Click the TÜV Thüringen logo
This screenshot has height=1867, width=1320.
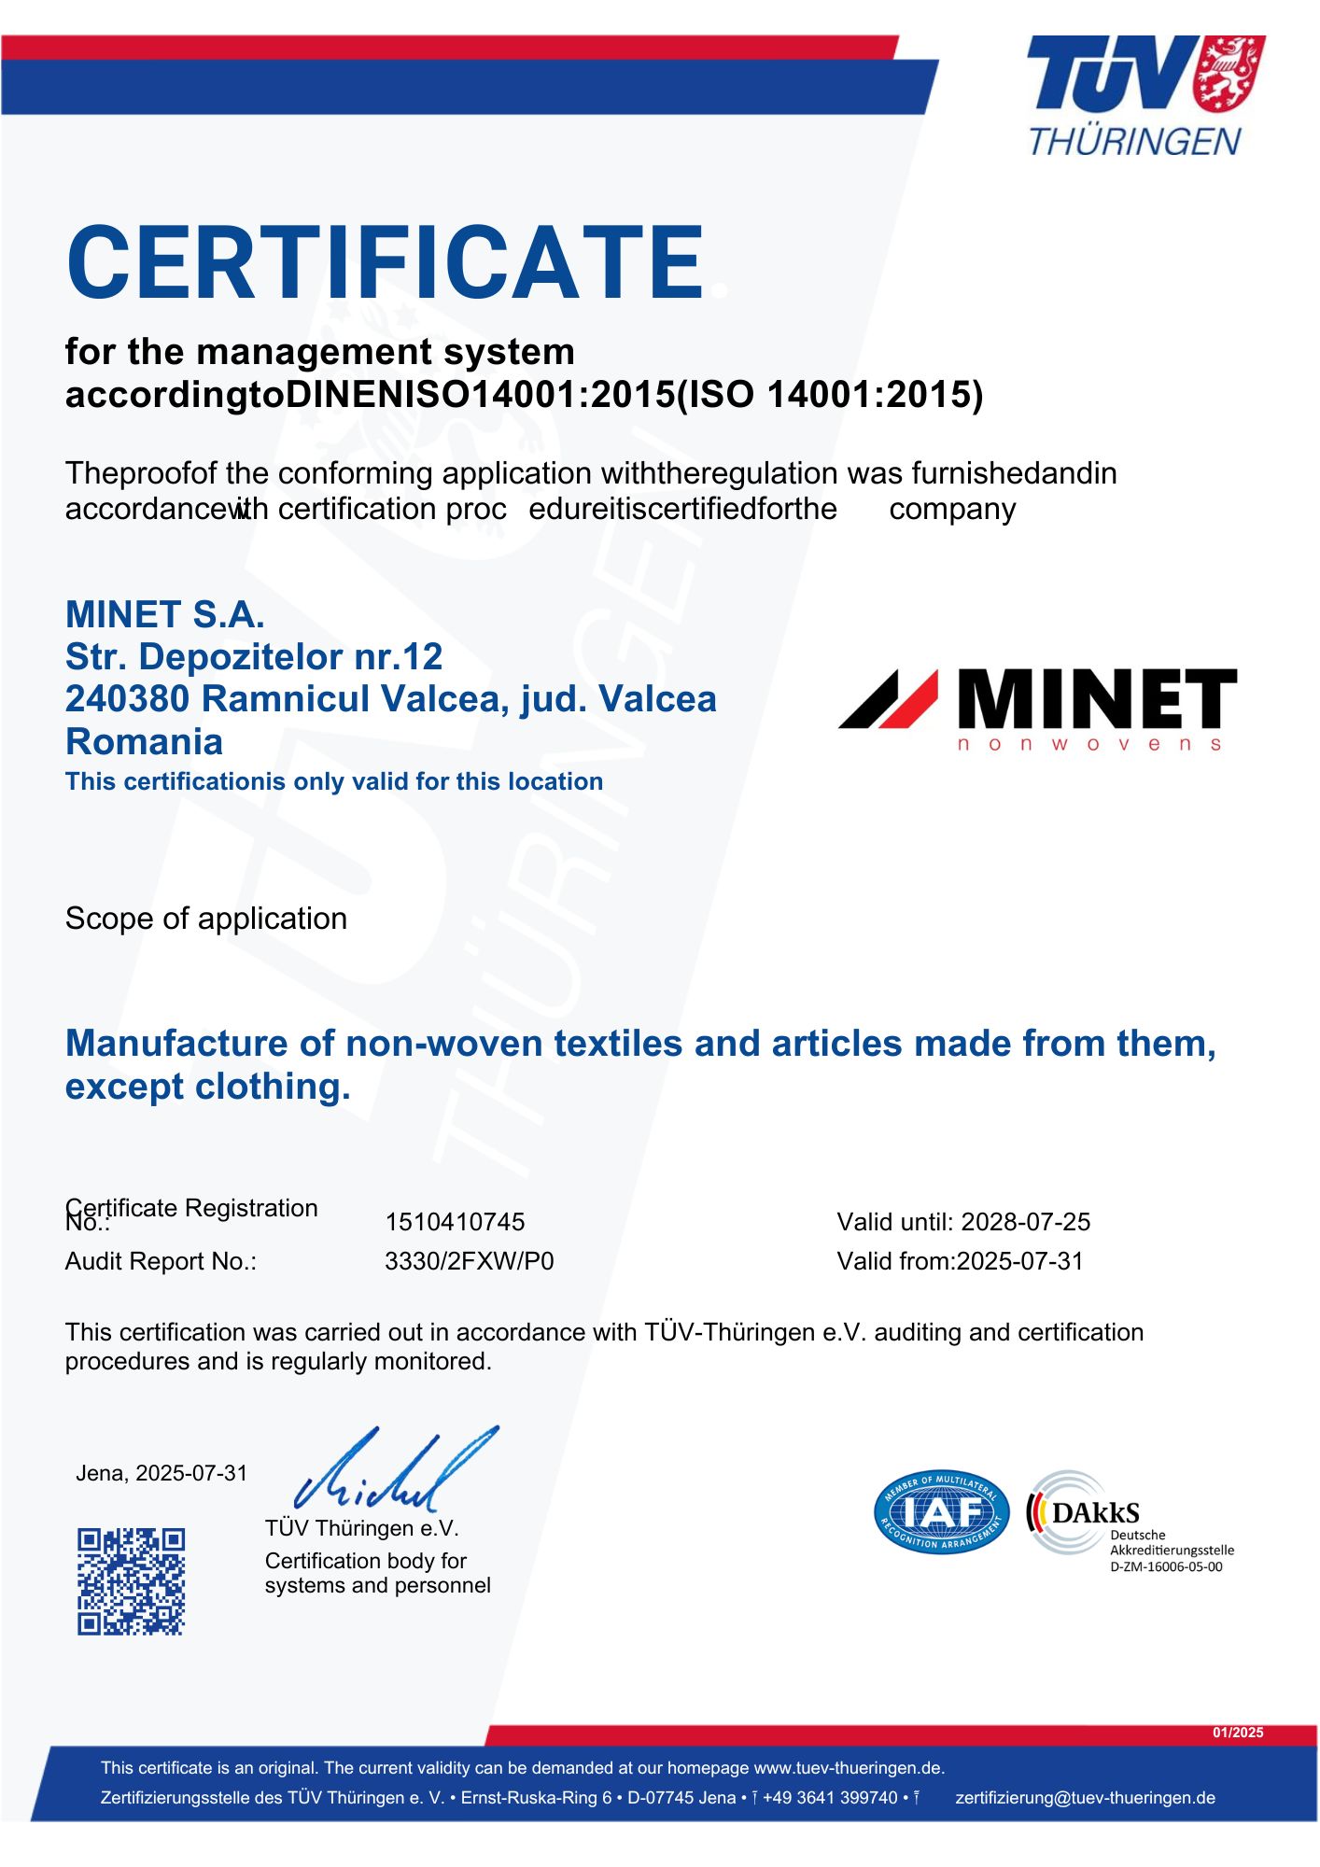point(1144,95)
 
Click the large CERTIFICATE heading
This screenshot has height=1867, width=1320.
point(385,263)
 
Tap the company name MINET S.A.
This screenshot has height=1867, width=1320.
point(165,614)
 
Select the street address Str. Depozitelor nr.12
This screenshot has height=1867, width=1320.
point(254,657)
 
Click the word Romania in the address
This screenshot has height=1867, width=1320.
point(145,742)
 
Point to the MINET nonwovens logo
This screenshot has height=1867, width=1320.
point(1037,709)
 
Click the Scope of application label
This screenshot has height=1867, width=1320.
point(206,919)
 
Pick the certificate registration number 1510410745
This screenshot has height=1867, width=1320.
point(455,1222)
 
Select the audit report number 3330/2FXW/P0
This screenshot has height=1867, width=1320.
point(469,1261)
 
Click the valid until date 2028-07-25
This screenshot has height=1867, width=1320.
point(1025,1222)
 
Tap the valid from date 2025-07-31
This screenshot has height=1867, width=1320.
point(1020,1261)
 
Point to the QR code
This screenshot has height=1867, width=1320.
point(131,1581)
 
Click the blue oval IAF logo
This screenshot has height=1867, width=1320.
point(941,1512)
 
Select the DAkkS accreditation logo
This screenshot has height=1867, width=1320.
point(1083,1513)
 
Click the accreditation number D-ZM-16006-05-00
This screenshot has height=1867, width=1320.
point(1166,1567)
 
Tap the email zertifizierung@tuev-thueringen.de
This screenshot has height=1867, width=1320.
point(1085,1798)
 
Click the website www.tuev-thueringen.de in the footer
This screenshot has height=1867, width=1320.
point(849,1768)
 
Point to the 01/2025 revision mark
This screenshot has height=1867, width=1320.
point(1238,1733)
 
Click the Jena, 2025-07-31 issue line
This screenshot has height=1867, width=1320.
point(161,1473)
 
